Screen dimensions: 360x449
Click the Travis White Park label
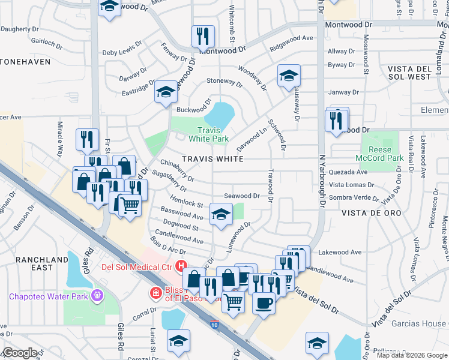[209, 134]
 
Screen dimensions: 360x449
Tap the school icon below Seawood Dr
[221, 214]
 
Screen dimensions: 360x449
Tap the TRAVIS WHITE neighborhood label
[213, 159]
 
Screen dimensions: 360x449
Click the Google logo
[19, 353]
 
